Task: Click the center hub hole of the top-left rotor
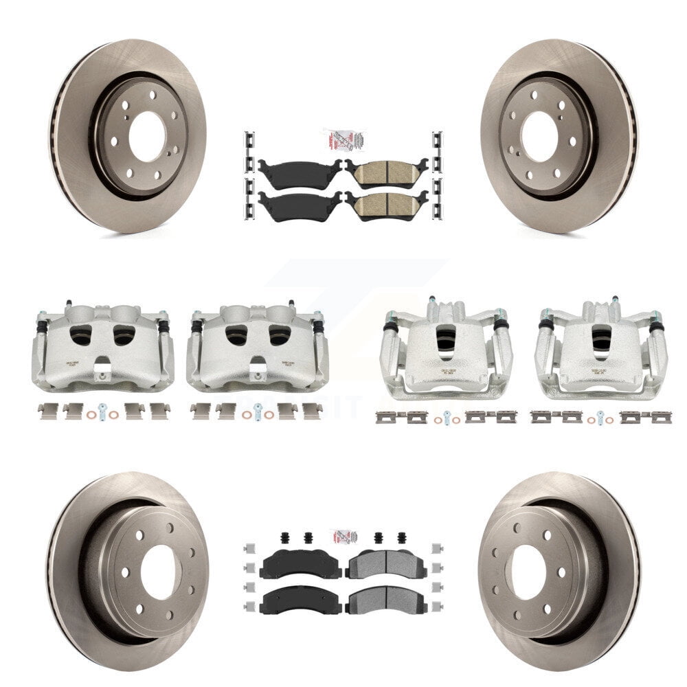pos(146,135)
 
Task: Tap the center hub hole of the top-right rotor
pos(539,135)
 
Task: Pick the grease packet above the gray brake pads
pos(343,535)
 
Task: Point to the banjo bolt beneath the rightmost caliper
pos(600,416)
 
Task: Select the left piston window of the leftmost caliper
pos(82,335)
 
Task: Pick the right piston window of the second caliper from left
pos(279,335)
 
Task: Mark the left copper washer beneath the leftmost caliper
pos(92,414)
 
